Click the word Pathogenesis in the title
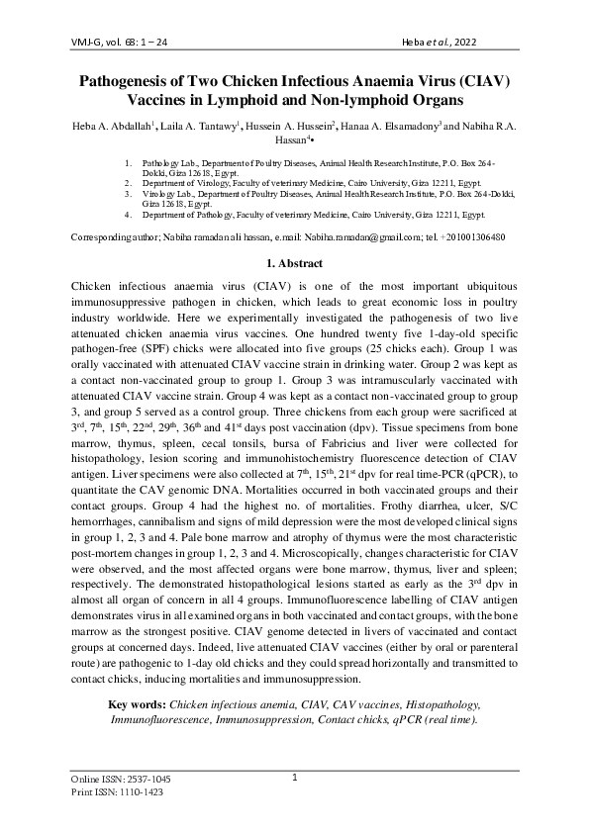coord(131,81)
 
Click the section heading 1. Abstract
coord(294,264)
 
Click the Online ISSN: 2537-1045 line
coord(122,780)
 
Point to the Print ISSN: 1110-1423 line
coord(118,792)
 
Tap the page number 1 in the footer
coord(295,778)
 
